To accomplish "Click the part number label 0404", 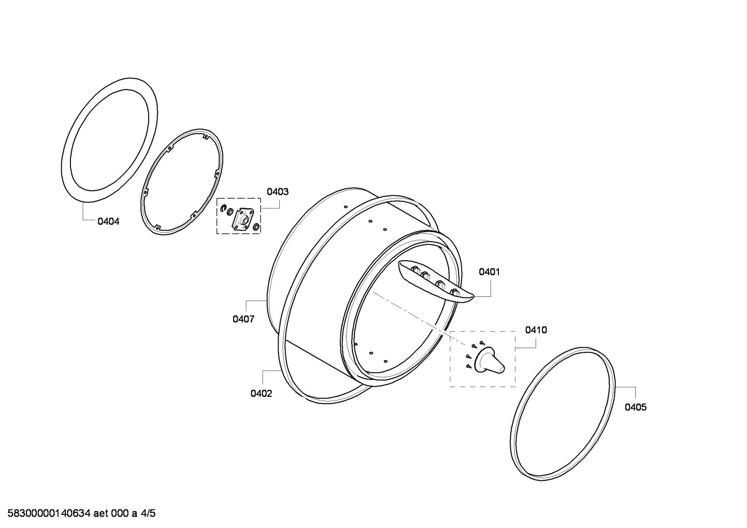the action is pos(108,221).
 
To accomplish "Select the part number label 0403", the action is pos(278,192).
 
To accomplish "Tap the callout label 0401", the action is pos(489,272).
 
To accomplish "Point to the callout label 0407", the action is pos(243,319).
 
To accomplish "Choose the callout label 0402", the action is pos(261,394).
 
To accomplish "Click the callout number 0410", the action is pos(536,330).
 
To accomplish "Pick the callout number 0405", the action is pos(636,407).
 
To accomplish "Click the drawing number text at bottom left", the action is pos(49,513).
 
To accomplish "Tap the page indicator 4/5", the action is pos(148,513).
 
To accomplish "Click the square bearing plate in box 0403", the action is pos(243,219).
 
